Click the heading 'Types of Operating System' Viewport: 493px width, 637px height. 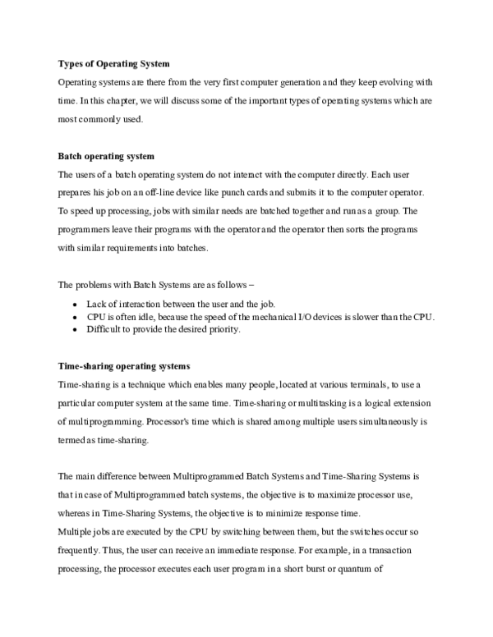[113, 64]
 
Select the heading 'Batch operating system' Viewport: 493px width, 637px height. [106, 156]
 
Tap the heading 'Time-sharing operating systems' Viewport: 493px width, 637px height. [124, 366]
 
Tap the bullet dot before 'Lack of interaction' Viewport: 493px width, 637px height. [76, 304]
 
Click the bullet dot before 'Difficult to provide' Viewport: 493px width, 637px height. [76, 330]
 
